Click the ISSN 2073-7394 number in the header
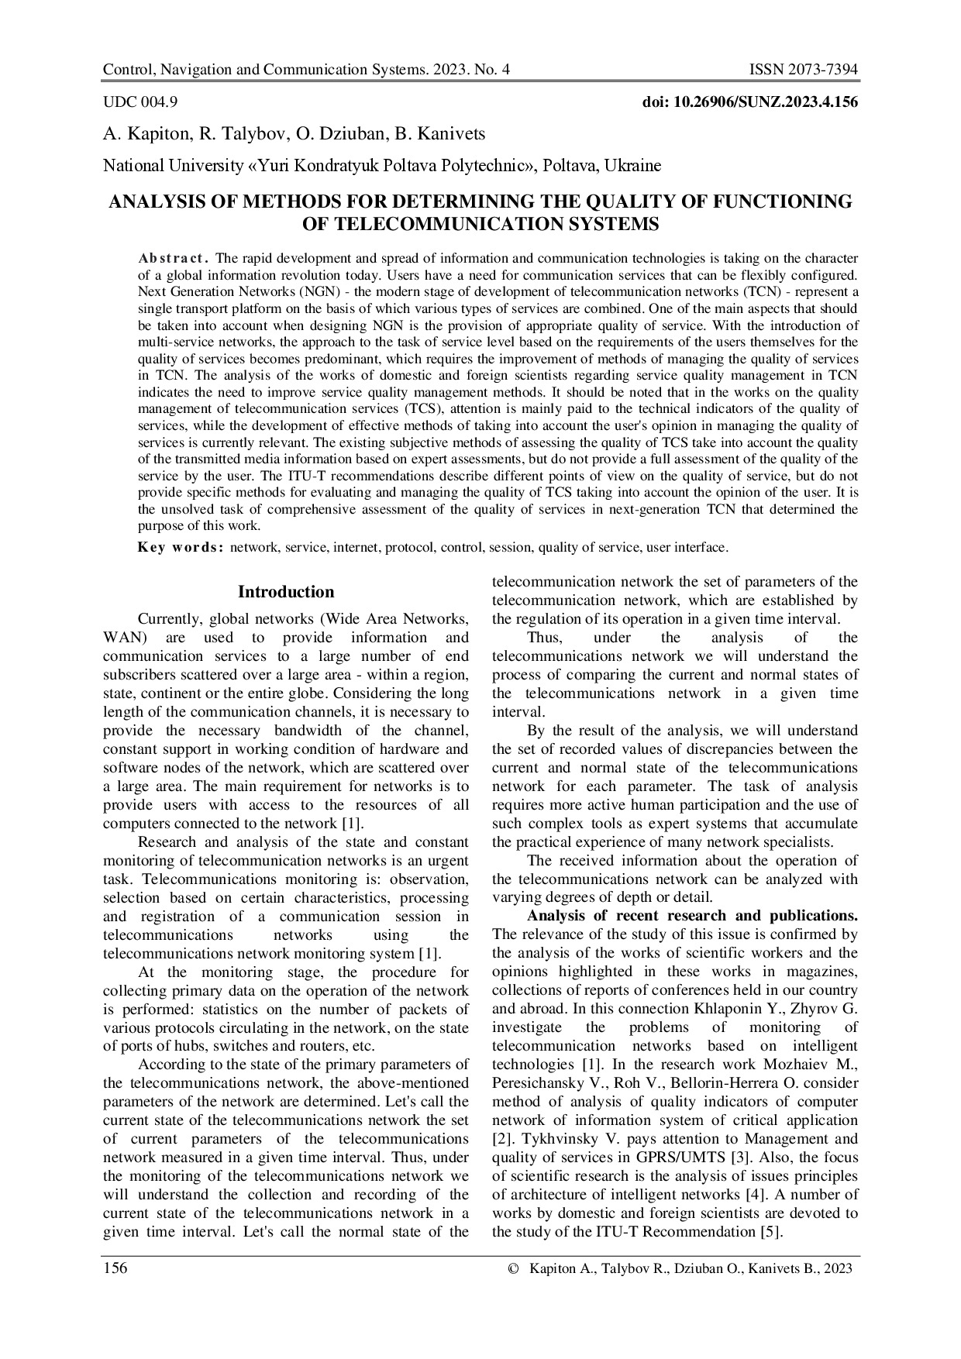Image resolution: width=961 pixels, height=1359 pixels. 803,71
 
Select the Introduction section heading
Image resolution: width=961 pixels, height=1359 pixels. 286,592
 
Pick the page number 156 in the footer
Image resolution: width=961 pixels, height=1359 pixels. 115,1268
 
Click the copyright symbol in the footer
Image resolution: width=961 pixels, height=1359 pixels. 511,1268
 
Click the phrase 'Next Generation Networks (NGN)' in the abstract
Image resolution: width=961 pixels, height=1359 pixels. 231,291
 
